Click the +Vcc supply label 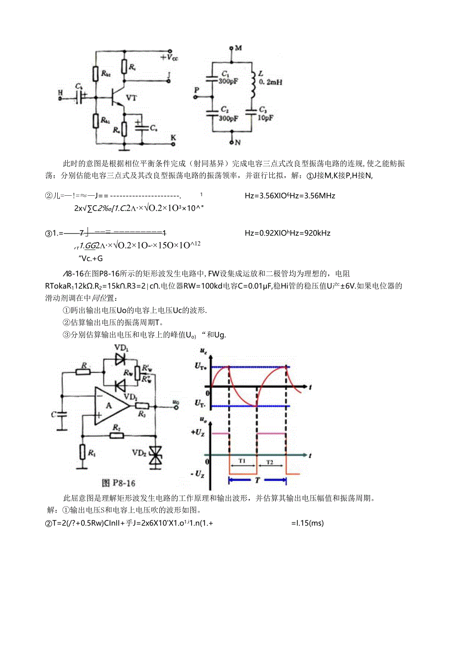coord(170,58)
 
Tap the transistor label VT coord(131,98)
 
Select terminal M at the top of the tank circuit coord(238,48)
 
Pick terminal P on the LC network coord(196,90)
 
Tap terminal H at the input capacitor coord(60,92)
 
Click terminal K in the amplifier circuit coord(173,137)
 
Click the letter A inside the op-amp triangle coord(109,405)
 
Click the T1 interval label coord(242,461)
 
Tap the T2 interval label coord(269,461)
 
